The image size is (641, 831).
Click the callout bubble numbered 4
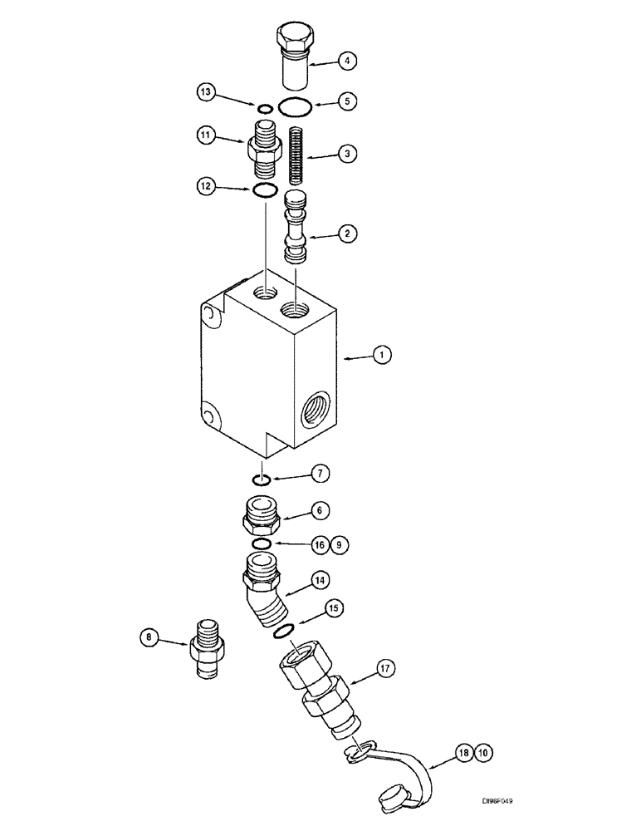pos(348,60)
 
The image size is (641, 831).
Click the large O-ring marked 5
pos(295,106)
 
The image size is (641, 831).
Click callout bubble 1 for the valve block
pos(381,355)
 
